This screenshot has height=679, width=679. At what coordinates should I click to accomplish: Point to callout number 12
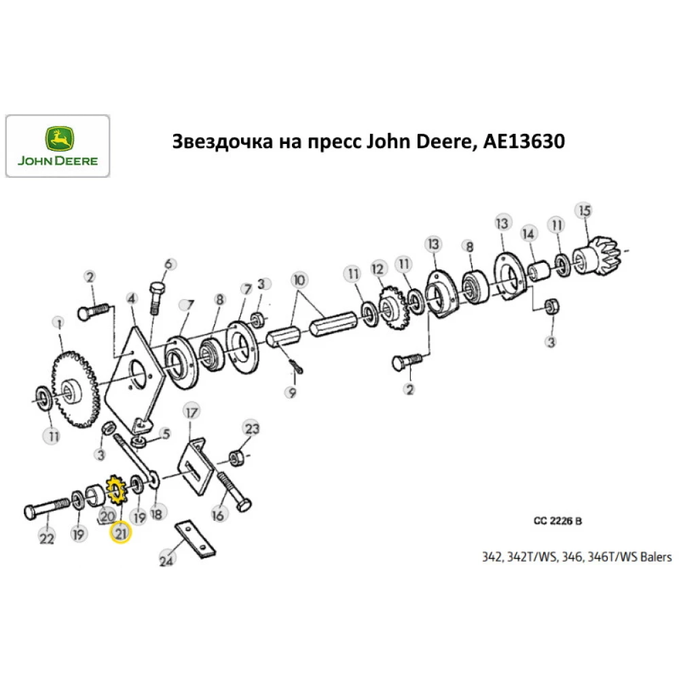click(x=378, y=270)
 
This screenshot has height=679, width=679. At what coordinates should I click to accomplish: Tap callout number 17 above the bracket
click(x=191, y=411)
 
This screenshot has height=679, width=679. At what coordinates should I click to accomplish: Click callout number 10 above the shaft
click(x=299, y=279)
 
